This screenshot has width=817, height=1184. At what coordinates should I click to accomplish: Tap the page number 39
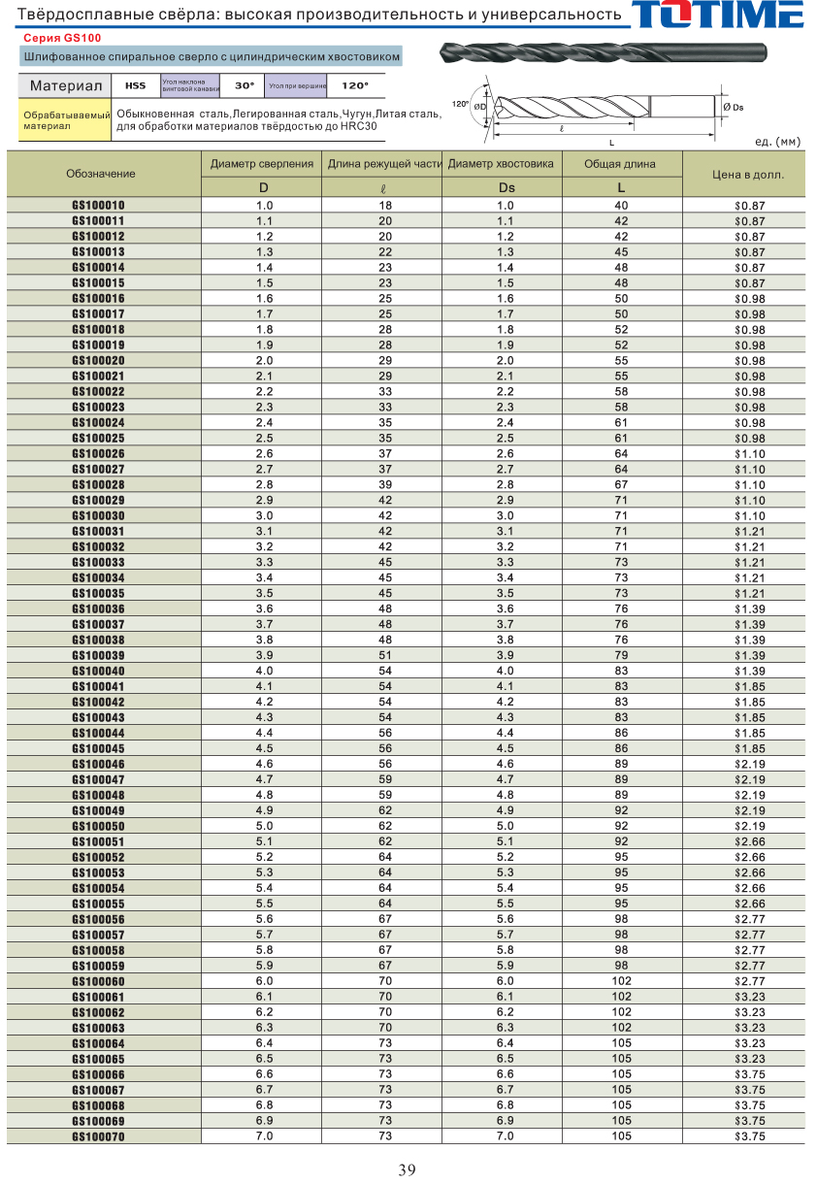(408, 1169)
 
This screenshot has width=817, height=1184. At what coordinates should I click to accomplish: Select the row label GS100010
(98, 206)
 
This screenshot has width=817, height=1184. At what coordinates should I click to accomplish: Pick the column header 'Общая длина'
(621, 164)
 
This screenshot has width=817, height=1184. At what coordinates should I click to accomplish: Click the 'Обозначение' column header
(101, 174)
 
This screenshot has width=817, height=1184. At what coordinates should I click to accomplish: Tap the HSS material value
(136, 85)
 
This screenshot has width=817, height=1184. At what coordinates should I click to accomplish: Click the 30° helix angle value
(245, 85)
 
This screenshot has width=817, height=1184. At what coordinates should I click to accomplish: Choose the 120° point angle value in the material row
(355, 85)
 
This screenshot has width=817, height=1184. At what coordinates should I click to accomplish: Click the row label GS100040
(98, 672)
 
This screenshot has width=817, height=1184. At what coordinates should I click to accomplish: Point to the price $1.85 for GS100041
(749, 687)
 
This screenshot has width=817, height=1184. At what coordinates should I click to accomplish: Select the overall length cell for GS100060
(621, 981)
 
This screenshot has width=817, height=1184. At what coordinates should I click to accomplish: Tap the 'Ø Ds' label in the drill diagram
(734, 107)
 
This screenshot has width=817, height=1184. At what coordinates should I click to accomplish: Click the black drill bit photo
(603, 53)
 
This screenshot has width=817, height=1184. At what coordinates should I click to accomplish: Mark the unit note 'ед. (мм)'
(777, 142)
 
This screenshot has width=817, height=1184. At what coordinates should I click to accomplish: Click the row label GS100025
(98, 439)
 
